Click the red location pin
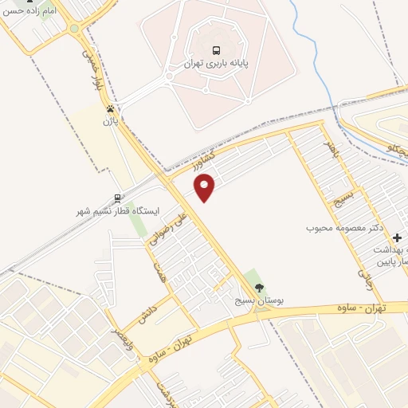point(205,187)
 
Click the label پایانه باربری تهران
point(213,64)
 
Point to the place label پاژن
point(110,122)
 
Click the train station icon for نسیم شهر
point(118,198)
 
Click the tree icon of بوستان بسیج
point(257,287)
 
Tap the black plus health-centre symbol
point(397,237)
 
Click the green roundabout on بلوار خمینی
point(75,29)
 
